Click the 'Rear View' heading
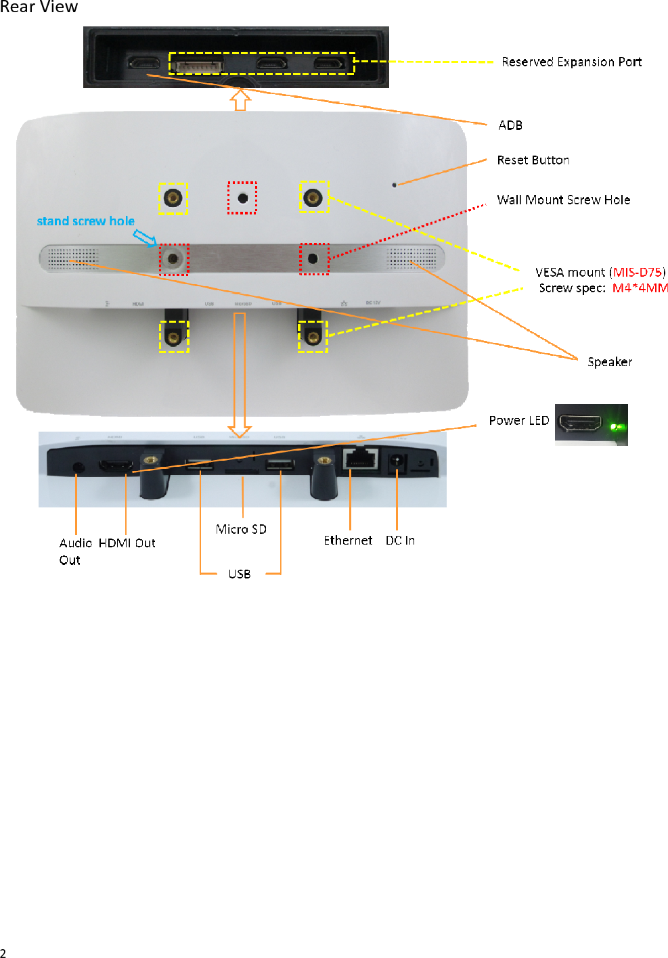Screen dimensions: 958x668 click(x=39, y=7)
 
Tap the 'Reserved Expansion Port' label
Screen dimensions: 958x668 click(x=571, y=62)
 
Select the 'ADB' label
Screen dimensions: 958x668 click(x=510, y=125)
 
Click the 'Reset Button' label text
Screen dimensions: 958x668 click(x=533, y=160)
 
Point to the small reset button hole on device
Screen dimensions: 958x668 click(x=395, y=184)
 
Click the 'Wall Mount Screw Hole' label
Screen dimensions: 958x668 click(x=563, y=200)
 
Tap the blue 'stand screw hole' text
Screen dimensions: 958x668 click(x=85, y=221)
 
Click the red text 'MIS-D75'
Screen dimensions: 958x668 click(x=637, y=272)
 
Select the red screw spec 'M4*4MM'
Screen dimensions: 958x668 click(x=640, y=288)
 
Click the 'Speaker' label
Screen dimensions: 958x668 click(x=610, y=362)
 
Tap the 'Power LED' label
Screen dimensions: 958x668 click(x=518, y=420)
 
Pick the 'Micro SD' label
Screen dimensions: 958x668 click(x=241, y=529)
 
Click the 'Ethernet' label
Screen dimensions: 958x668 click(x=348, y=540)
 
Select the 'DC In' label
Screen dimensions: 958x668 click(x=400, y=540)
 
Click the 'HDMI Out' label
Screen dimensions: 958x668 click(x=127, y=543)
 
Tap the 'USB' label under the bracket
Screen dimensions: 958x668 click(x=240, y=574)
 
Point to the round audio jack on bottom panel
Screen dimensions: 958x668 click(x=78, y=467)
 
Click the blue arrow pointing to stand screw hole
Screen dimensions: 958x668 click(x=145, y=237)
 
